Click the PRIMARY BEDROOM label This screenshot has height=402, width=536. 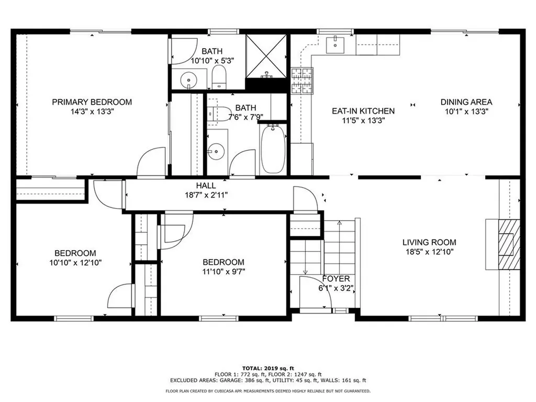92,102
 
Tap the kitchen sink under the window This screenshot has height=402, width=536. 335,44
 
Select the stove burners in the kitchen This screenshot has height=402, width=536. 302,81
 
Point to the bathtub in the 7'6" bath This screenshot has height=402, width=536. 273,149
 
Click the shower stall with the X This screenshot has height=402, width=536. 266,57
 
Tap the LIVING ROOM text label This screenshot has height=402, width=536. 429,242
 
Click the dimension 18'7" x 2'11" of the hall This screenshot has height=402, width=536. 206,195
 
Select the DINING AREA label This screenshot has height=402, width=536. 466,102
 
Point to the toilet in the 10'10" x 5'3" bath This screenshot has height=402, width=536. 219,77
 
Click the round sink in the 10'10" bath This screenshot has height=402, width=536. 188,80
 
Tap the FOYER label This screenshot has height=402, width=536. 336,278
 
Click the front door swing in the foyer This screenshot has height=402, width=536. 316,292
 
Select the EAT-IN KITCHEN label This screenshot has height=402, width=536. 363,111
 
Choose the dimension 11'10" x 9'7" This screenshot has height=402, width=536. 224,272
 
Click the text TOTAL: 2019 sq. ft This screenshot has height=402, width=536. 268,368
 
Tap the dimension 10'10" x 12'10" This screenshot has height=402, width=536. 75,263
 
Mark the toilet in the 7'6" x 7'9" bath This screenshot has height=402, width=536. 219,114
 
